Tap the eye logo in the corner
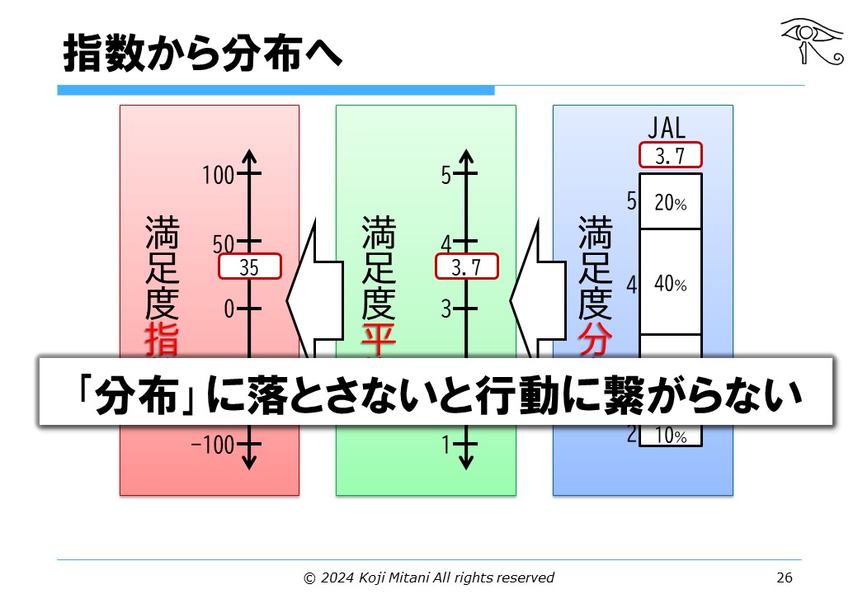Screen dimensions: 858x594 click(x=812, y=40)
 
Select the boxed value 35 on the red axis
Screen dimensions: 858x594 click(x=250, y=266)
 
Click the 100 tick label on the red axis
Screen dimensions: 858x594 click(x=219, y=175)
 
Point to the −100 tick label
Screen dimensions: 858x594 click(x=214, y=445)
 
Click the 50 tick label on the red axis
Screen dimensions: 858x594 click(x=224, y=243)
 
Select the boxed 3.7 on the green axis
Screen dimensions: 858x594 click(x=467, y=266)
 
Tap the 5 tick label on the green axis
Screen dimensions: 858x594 click(x=445, y=175)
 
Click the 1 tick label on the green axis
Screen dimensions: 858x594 click(x=445, y=445)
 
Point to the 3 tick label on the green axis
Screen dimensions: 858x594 click(x=445, y=309)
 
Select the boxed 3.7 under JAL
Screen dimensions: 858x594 click(x=669, y=156)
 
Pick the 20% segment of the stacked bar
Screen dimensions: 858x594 click(x=669, y=202)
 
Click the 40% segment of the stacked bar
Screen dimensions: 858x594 click(x=669, y=284)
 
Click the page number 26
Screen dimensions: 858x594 click(x=785, y=577)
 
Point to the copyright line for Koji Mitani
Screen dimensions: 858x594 click(x=429, y=577)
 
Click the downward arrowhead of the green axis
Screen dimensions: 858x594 click(x=466, y=462)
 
